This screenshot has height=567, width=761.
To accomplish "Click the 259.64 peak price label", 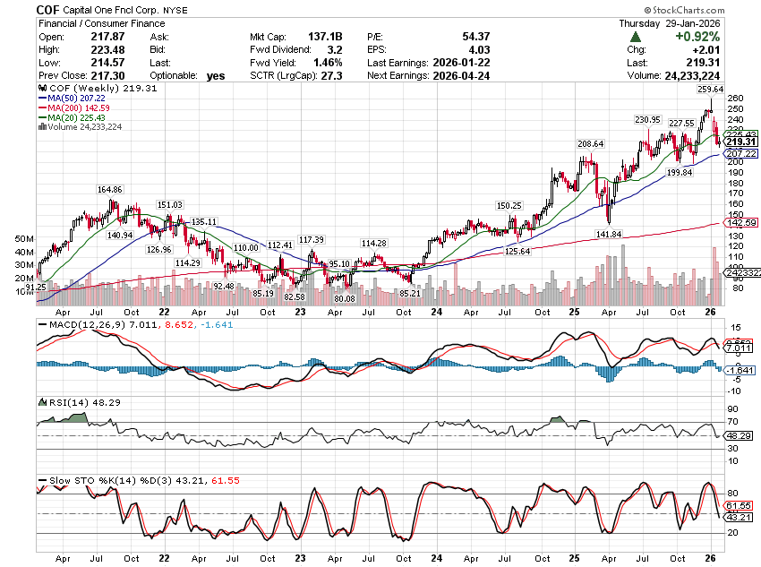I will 708,90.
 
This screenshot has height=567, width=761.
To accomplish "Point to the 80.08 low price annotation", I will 343,298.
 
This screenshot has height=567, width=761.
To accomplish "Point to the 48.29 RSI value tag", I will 736,435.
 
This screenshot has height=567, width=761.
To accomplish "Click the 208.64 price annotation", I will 590,144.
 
